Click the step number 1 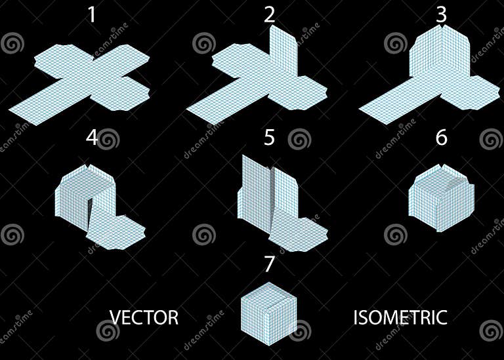[x=91, y=14]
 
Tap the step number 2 [x=270, y=15]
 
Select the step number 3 [x=442, y=14]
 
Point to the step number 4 [x=92, y=138]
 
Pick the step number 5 [x=269, y=138]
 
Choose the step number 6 [x=442, y=138]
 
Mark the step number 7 [x=269, y=264]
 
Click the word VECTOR [x=144, y=318]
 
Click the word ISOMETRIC [x=400, y=318]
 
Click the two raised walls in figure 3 [x=440, y=59]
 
